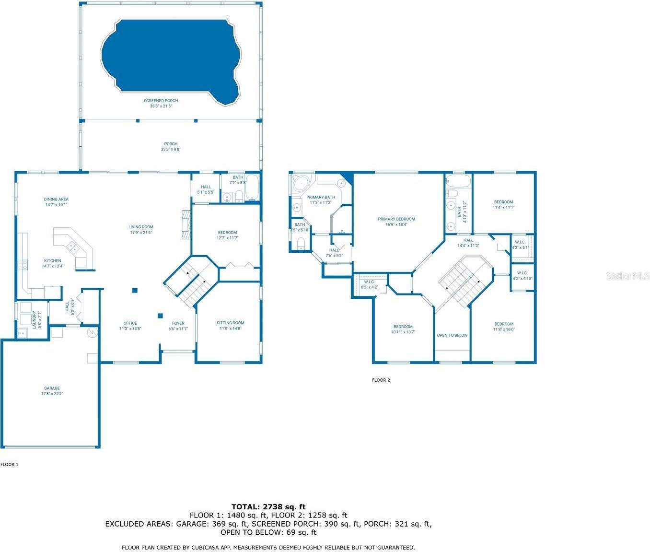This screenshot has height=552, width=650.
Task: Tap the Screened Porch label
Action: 161,103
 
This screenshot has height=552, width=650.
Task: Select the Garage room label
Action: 52,391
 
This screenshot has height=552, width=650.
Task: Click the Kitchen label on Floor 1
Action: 53,263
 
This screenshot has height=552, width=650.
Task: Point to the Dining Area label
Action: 56,202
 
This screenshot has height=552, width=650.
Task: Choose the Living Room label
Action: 141,230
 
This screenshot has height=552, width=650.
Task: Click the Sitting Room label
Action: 231,326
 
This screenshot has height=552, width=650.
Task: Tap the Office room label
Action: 130,326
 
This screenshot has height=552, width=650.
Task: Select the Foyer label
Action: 178,326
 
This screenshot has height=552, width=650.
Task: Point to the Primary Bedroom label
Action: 396,222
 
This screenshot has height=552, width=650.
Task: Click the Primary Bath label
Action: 321,200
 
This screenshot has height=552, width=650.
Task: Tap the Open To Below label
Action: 452,335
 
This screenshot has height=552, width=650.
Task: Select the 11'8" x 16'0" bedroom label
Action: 504,327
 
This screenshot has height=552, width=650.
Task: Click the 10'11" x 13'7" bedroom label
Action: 403,329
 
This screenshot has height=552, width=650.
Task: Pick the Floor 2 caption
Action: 381,380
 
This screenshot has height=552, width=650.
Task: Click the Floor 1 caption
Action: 9,464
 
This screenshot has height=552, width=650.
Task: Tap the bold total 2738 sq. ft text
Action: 268,506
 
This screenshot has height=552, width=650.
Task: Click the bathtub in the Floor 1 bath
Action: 252,188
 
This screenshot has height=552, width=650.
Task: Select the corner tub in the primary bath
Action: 301,183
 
